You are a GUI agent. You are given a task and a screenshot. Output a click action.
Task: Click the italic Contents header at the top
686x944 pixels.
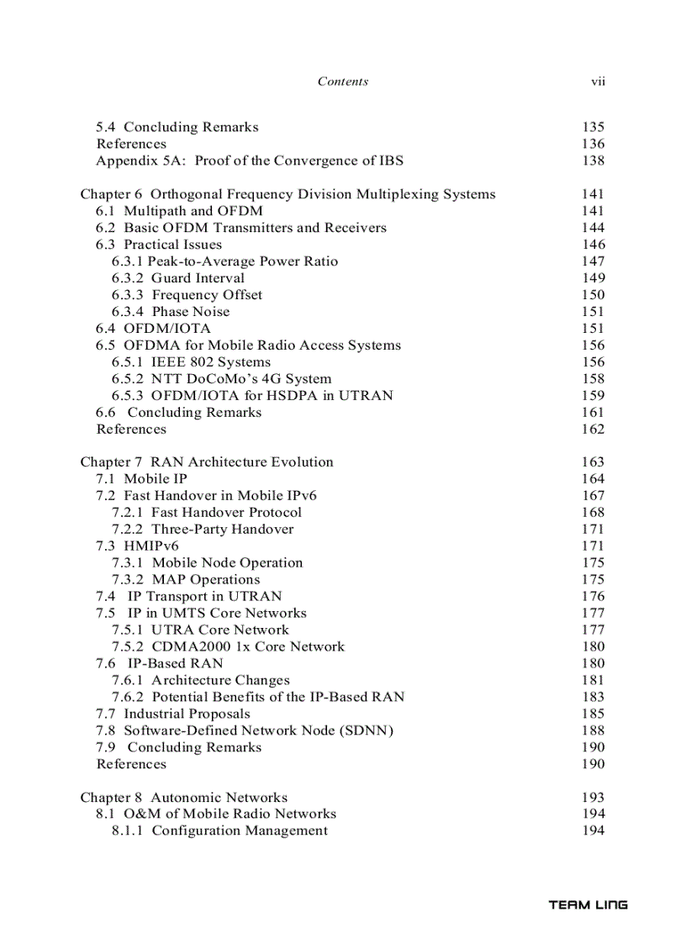click(x=342, y=82)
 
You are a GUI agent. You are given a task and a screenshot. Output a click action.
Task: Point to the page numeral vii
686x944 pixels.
click(x=598, y=82)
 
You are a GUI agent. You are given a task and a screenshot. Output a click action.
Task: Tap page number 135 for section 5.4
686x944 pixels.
click(x=593, y=127)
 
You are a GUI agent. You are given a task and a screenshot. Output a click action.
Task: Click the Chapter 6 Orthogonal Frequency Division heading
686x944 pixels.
click(x=288, y=194)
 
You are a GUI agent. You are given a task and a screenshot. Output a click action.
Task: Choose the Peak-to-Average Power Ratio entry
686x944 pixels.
click(x=224, y=261)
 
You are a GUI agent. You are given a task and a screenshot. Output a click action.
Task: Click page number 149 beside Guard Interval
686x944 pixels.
click(x=593, y=278)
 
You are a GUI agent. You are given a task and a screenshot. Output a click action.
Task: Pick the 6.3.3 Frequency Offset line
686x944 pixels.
click(x=187, y=295)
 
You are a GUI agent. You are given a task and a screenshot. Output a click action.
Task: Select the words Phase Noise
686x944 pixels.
click(x=191, y=312)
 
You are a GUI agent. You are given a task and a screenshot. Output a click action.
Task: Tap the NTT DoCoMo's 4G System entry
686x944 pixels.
click(x=221, y=379)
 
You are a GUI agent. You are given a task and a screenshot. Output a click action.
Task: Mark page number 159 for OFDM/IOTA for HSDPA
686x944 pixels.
click(x=593, y=395)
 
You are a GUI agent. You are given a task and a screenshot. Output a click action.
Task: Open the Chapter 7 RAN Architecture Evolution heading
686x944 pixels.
click(x=207, y=462)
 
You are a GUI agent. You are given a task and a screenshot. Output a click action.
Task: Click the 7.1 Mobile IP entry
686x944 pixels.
click(x=141, y=479)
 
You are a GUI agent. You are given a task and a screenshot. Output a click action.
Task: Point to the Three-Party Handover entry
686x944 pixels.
click(x=203, y=530)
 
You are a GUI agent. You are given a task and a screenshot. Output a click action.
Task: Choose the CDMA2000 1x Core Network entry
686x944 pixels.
click(x=228, y=646)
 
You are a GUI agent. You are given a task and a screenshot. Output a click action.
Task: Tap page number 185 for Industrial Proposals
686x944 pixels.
click(x=593, y=714)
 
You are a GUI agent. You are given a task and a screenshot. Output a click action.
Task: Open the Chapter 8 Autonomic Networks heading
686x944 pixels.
click(x=183, y=798)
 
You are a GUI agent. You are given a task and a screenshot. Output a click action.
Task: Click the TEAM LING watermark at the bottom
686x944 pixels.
click(x=588, y=905)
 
